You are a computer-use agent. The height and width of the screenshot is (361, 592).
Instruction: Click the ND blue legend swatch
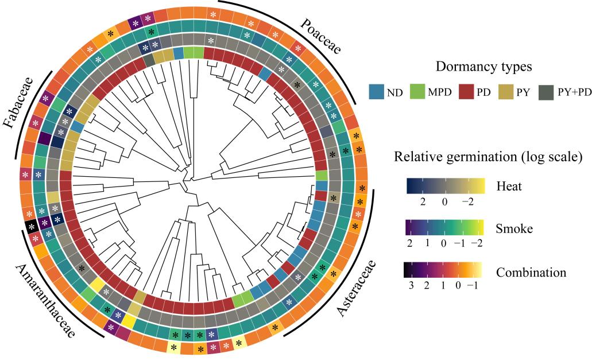[377, 92]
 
